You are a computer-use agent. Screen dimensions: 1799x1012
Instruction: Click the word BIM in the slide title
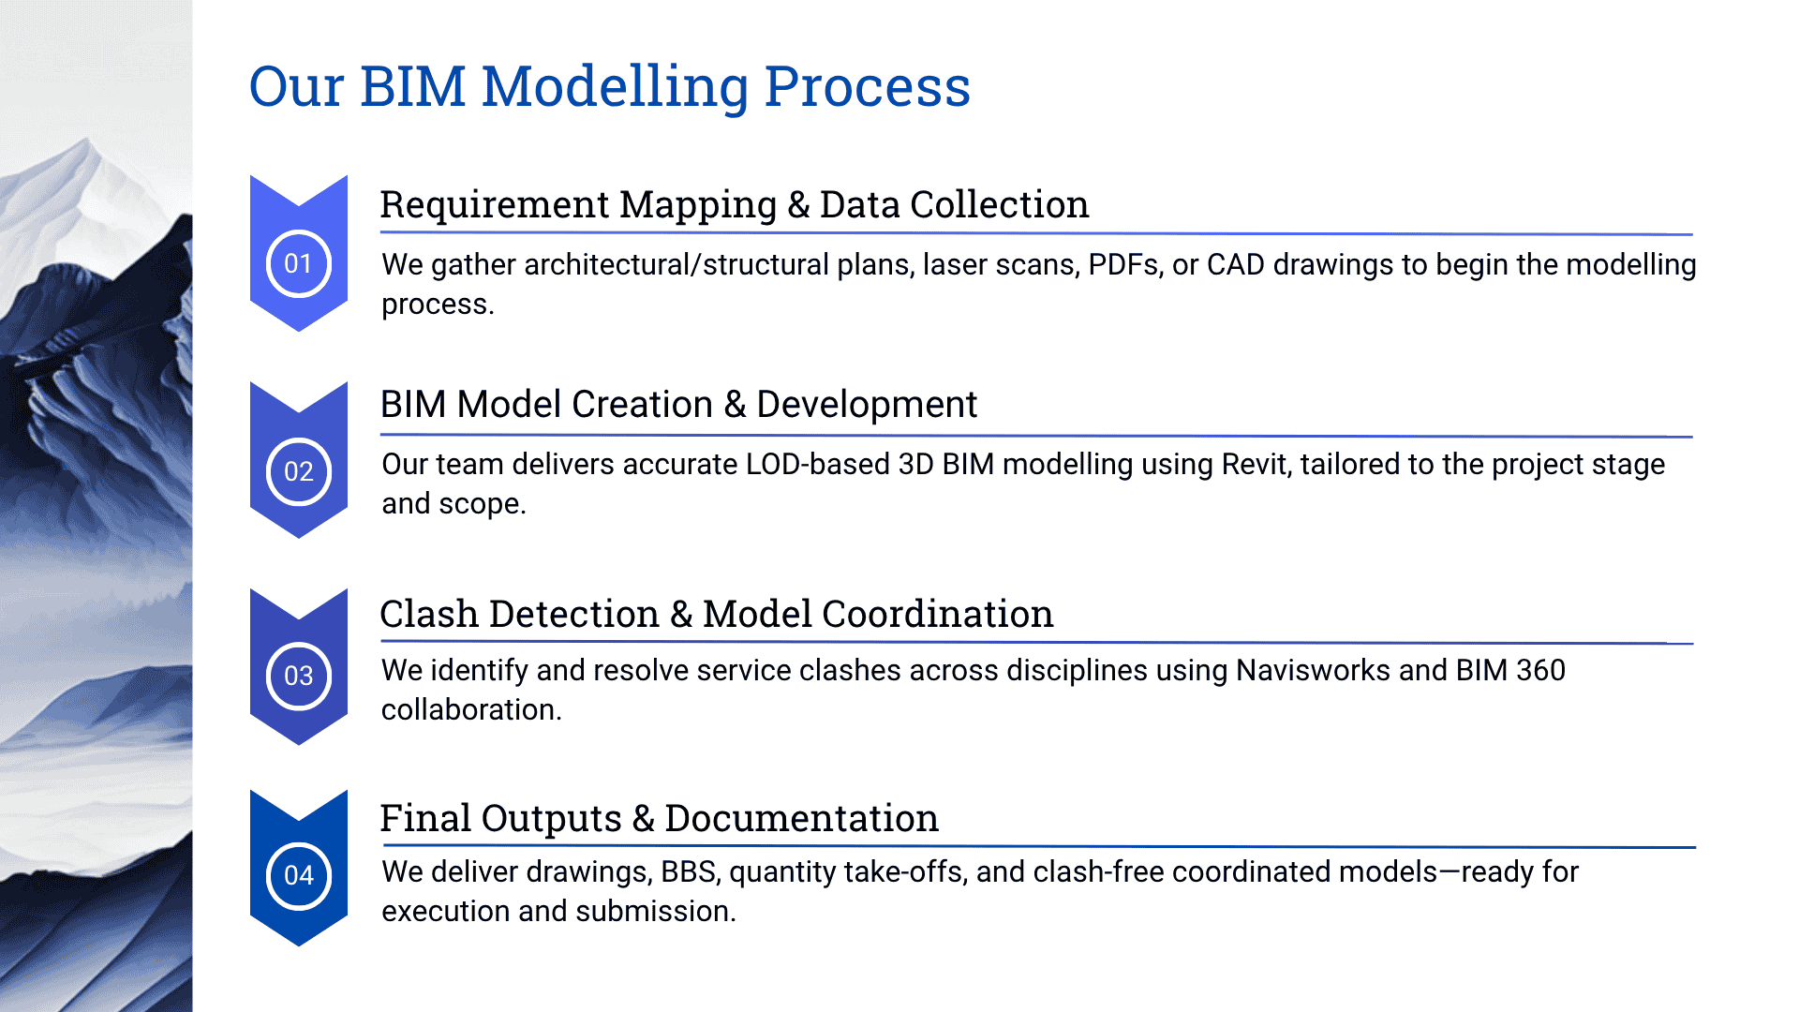click(412, 86)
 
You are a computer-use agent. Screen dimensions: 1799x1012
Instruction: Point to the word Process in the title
click(867, 86)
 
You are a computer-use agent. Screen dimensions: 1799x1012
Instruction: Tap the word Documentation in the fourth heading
click(801, 819)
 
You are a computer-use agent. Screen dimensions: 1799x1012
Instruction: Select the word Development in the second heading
click(866, 405)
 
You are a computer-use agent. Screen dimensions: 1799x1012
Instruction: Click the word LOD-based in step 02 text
click(817, 465)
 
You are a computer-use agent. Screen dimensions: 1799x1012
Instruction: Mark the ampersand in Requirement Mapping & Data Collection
click(798, 205)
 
